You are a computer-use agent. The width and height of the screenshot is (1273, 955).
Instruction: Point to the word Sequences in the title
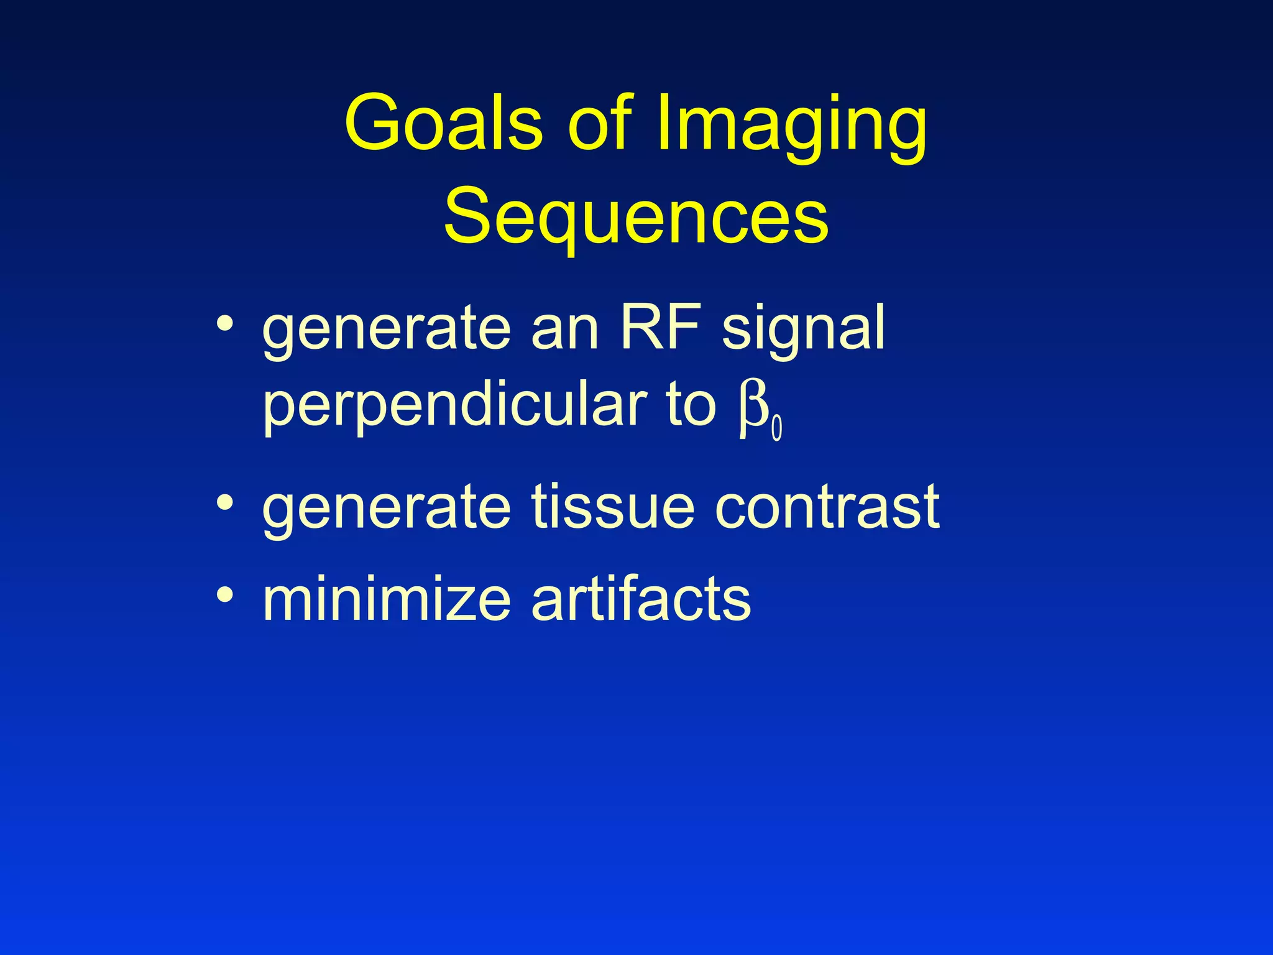636,218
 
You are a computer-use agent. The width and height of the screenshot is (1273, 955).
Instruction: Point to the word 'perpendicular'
454,408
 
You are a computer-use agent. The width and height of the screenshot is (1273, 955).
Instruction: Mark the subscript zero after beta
776,430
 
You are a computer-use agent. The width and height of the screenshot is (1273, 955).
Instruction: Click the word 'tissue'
612,506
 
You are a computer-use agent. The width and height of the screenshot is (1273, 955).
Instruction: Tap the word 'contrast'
827,507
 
